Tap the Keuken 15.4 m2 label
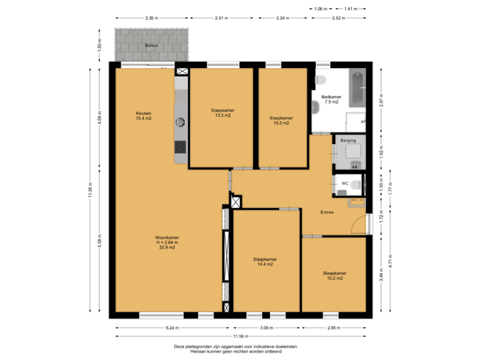(x=144, y=116)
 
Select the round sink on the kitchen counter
(x=180, y=121)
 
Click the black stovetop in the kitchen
(x=180, y=147)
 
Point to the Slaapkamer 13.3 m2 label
(x=222, y=113)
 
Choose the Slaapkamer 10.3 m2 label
(x=281, y=120)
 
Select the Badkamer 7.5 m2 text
(x=331, y=100)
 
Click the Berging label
(x=348, y=141)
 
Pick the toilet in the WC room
(x=356, y=184)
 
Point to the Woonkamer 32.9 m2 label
(x=167, y=242)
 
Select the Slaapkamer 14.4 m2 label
(x=265, y=261)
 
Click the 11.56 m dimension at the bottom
(x=241, y=337)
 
